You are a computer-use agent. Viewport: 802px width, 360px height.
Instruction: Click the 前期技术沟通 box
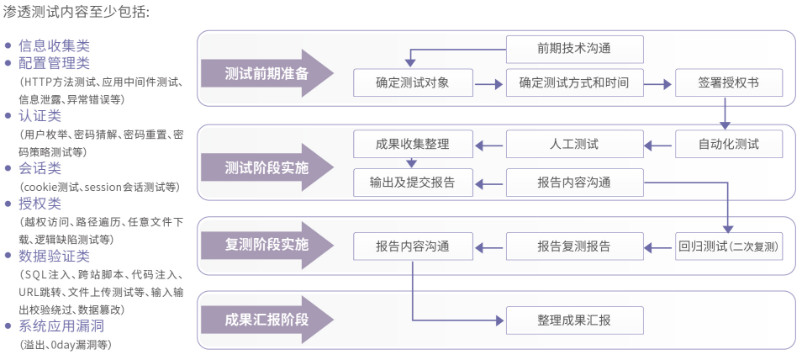tap(575, 49)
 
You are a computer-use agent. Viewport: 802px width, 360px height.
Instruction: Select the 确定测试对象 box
tap(412, 82)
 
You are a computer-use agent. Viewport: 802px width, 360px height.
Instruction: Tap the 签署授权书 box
tap(728, 82)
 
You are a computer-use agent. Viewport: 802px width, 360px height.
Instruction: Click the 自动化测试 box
tap(728, 144)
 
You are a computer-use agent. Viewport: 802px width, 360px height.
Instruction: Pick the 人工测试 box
tap(575, 144)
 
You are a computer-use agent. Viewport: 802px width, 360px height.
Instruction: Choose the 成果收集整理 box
tap(412, 144)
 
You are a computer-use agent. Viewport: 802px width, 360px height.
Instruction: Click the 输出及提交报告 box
tap(412, 183)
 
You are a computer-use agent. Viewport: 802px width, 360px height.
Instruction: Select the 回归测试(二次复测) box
tap(728, 246)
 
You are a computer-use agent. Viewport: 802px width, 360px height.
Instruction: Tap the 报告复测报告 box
tap(575, 246)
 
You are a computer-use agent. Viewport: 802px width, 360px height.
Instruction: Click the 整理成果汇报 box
tap(575, 320)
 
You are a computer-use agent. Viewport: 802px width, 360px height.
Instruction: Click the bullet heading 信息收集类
tap(54, 45)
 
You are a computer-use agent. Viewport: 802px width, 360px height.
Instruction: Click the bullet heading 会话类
tap(40, 168)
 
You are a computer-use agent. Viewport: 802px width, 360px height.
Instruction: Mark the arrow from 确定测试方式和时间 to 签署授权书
tap(659, 83)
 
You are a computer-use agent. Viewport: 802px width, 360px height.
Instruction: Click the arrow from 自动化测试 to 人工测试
tap(659, 145)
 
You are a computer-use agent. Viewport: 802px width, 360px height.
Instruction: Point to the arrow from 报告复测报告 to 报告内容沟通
tap(489, 247)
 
